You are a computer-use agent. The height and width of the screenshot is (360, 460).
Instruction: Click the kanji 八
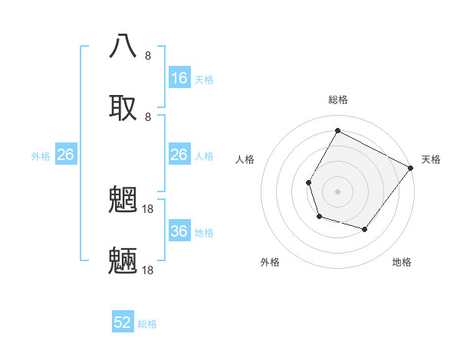123,47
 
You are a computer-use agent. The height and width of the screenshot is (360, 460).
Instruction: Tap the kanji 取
123,107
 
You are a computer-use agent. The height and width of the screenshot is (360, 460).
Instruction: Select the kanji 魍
123,199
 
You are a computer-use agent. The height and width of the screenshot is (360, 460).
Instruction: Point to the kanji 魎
123,261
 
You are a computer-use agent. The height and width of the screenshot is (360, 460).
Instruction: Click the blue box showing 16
179,78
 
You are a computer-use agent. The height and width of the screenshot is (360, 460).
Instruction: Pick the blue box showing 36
179,231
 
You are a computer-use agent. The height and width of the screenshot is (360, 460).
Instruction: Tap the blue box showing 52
123,322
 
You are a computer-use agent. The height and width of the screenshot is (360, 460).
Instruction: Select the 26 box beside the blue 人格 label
179,155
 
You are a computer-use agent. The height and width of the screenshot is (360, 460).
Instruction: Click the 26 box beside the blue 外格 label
66,155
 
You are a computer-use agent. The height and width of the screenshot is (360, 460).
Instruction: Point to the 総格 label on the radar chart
338,100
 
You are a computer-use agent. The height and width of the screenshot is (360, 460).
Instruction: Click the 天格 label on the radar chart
431,159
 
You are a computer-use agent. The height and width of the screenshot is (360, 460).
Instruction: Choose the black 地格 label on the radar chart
402,262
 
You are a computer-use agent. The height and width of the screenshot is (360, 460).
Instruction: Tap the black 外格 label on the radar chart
270,262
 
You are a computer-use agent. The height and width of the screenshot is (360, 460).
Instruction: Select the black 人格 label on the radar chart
245,159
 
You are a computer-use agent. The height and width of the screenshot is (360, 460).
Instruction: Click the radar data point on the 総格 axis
337,131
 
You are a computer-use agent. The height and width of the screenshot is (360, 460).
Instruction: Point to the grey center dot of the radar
337,191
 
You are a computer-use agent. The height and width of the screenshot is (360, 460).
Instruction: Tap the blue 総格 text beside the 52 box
147,324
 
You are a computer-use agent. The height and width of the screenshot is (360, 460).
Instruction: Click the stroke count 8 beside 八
148,55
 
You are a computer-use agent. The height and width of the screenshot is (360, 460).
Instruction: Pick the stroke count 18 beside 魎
148,270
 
